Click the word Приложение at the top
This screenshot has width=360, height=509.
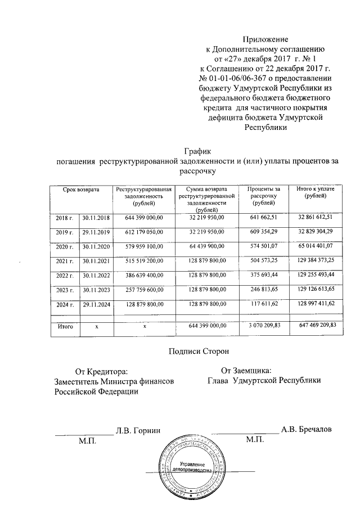(x=265, y=39)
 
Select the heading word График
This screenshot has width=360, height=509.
(x=197, y=151)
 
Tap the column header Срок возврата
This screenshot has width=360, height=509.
(x=81, y=191)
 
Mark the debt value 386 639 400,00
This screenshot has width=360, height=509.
(x=144, y=276)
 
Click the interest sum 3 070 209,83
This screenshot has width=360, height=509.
(x=264, y=325)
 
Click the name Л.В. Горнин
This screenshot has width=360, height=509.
(x=138, y=431)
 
